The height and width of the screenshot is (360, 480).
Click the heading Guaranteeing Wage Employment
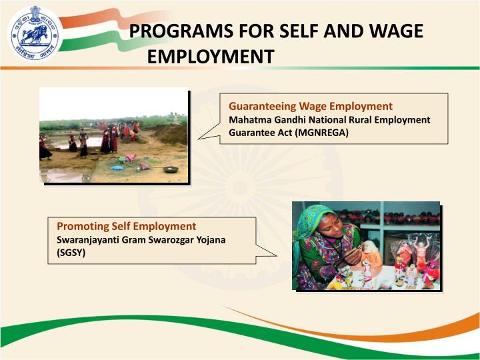[310, 106]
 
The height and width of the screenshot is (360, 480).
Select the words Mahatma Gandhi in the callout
[263, 119]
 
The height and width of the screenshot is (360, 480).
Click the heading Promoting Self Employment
[127, 227]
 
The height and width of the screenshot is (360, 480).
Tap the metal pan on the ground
[171, 170]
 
